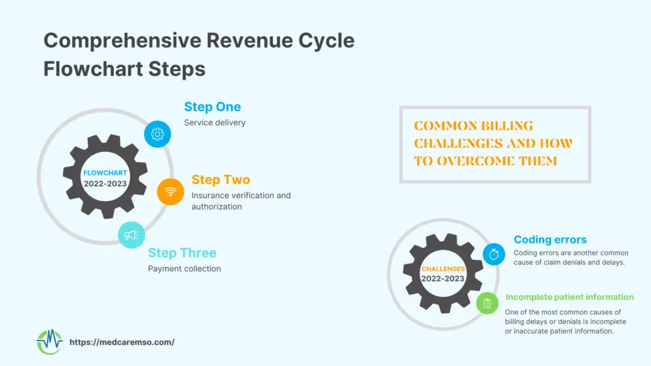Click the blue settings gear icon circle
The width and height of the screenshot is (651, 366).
click(158, 134)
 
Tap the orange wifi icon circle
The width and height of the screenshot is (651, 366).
click(170, 192)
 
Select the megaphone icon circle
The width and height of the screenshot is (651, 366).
click(131, 235)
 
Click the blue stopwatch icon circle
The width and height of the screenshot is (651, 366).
click(493, 254)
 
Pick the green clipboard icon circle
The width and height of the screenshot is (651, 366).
click(487, 303)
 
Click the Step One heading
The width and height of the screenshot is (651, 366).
click(212, 107)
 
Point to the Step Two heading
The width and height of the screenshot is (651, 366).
click(221, 180)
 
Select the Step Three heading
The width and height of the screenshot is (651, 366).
click(182, 253)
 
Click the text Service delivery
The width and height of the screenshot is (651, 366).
click(215, 123)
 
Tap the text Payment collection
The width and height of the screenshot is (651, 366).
click(184, 269)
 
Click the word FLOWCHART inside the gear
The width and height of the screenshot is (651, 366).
click(105, 173)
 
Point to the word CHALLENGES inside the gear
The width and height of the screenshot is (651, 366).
click(443, 269)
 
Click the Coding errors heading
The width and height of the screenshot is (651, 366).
click(550, 240)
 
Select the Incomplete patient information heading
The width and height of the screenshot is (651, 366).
click(570, 297)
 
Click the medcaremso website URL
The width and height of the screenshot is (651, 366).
click(121, 342)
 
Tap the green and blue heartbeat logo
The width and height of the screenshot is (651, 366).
click(50, 342)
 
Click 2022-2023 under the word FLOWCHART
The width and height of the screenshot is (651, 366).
click(105, 184)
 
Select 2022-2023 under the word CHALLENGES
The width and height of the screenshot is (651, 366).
click(443, 279)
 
